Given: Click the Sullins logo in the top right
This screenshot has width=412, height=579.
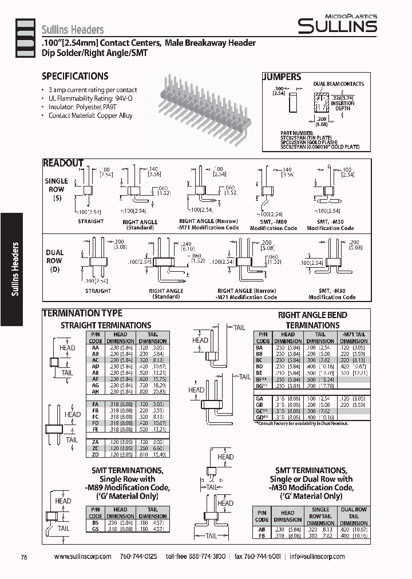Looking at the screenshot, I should coord(337,24).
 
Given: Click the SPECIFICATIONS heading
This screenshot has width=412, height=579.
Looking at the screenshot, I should coord(75,76).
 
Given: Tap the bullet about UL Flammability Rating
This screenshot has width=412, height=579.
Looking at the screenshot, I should coord(91,98).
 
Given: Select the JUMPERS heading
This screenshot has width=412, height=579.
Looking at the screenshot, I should coord(282,77).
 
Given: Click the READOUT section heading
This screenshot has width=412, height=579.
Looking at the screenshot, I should coord(64,163).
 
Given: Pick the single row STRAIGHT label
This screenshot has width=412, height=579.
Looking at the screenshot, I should coord(90,221).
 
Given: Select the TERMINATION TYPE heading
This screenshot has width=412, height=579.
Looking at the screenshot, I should coord(82,313).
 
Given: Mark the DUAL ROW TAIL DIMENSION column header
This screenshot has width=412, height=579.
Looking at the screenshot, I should coord(354,515).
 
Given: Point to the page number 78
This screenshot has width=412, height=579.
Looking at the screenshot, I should coord(23,557).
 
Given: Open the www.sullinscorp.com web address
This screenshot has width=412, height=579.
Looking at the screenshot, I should coord(82,557).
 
